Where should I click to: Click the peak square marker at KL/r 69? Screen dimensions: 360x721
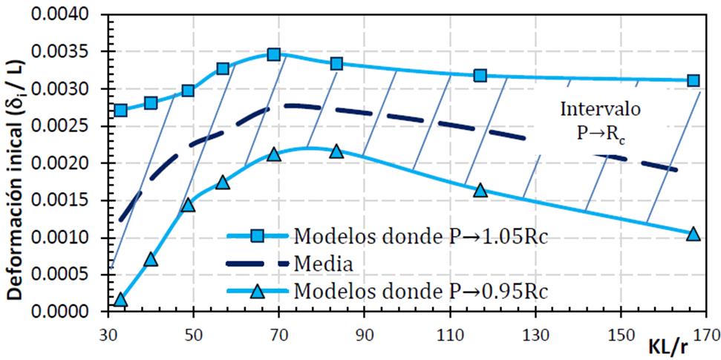coord(274,54)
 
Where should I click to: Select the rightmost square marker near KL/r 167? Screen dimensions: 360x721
coord(694,80)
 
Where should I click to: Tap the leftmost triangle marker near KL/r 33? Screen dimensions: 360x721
coord(120,300)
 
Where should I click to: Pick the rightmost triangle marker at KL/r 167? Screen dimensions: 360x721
coord(694,234)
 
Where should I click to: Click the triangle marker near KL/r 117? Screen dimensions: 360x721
coord(480,191)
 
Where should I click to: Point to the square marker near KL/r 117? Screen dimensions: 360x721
coord(480,76)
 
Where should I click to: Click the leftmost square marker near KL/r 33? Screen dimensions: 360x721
coord(120,110)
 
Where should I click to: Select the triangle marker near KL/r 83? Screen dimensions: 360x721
coord(336,151)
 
